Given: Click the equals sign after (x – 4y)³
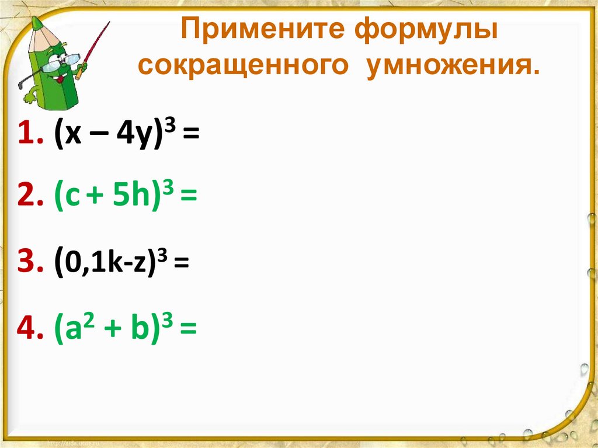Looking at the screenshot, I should coord(190,137).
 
